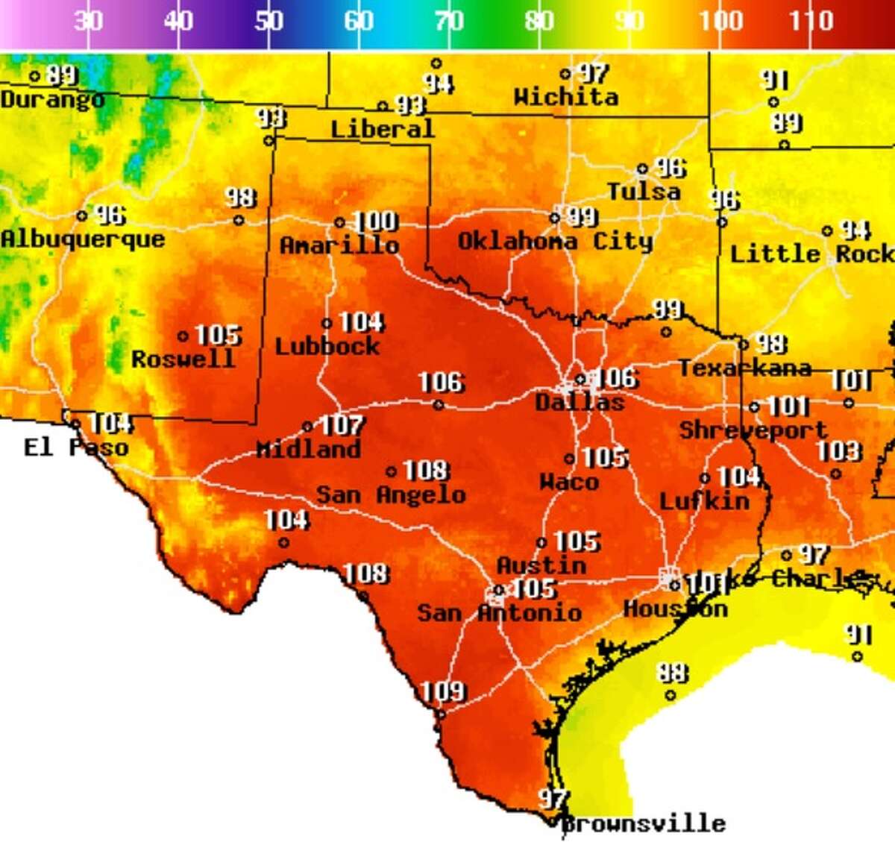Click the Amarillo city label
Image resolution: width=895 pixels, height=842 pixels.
[339, 245]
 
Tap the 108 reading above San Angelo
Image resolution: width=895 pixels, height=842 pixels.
[427, 471]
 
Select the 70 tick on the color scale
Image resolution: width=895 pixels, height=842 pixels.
[448, 21]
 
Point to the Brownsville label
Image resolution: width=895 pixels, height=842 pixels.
[643, 823]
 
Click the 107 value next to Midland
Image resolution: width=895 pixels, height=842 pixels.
[342, 426]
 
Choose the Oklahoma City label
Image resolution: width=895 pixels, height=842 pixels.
[555, 241]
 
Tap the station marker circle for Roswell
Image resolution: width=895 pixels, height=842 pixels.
[183, 336]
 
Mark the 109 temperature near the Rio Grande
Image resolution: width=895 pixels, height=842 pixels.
[443, 691]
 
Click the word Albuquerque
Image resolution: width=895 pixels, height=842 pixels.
[83, 239]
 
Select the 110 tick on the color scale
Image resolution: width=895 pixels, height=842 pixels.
[811, 21]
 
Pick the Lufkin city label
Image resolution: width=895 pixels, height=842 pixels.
[705, 500]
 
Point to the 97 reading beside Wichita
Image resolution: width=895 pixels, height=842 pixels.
[594, 73]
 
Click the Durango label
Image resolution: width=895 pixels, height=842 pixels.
[52, 99]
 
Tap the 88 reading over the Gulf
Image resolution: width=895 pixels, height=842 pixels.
[672, 673]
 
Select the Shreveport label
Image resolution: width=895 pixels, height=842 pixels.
[753, 430]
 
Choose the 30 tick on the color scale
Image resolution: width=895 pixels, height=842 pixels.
[88, 21]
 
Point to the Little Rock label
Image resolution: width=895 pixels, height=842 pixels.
[811, 254]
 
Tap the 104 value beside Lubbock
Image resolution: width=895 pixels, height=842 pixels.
[362, 322]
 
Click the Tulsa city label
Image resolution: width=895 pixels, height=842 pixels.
[644, 192]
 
